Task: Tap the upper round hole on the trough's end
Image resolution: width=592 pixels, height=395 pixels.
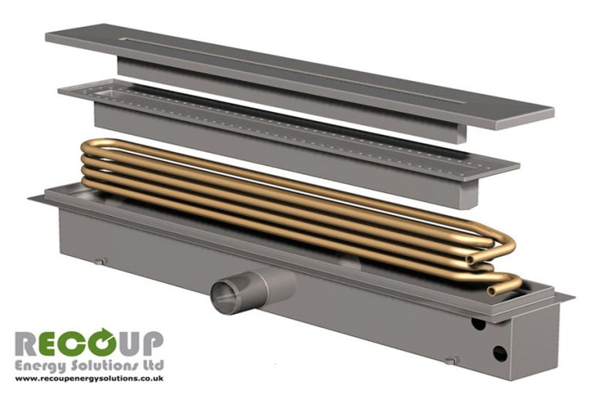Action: pyautogui.click(x=478, y=323)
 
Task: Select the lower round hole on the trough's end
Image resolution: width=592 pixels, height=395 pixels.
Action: pyautogui.click(x=499, y=353)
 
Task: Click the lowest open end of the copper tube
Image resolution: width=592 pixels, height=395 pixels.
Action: pyautogui.click(x=494, y=290)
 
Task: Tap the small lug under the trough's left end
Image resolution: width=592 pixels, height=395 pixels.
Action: pyautogui.click(x=99, y=262)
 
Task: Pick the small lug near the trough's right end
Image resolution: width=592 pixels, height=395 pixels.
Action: pyautogui.click(x=454, y=360)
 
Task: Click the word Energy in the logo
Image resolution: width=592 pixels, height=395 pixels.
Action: pyautogui.click(x=39, y=364)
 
